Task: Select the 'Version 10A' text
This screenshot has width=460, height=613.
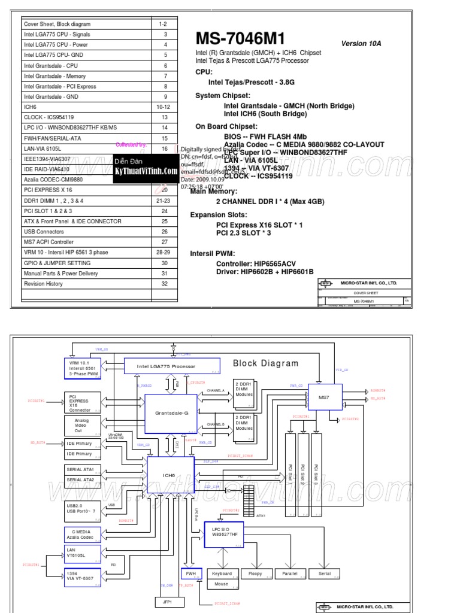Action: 361,44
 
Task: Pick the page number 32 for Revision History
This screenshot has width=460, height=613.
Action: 164,284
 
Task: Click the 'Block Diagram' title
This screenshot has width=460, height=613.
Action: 265,363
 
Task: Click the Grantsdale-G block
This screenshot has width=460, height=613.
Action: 171,413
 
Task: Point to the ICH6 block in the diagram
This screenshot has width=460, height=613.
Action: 170,475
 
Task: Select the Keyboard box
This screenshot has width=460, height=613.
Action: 221,573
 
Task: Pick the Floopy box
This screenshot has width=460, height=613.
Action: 255,573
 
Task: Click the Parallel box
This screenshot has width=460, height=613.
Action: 290,573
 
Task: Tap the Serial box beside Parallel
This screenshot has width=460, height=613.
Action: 324,573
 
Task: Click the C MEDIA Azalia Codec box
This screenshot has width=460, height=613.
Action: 82,534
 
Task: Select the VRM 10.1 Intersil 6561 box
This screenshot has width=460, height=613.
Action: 81,368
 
